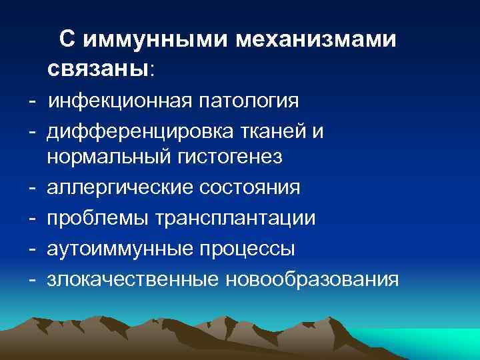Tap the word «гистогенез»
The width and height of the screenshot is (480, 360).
pos(231,159)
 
